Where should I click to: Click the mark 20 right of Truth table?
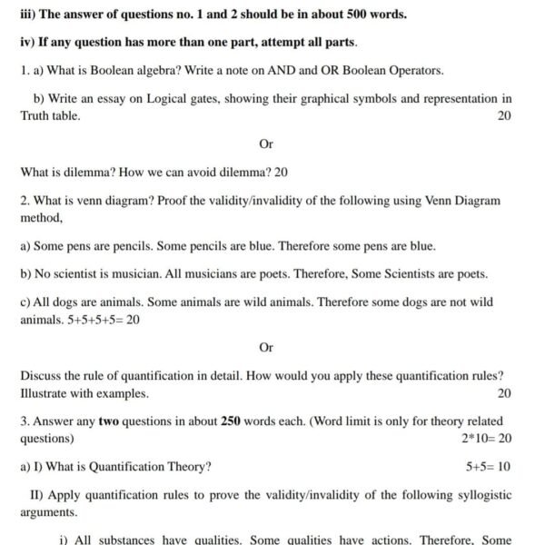(504, 115)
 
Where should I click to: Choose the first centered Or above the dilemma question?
(266, 144)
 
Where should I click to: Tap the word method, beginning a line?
(41, 217)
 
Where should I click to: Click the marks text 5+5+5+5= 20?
(104, 319)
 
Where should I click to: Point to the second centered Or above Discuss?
(266, 347)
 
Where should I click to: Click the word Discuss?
(42, 376)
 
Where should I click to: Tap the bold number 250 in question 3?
(232, 421)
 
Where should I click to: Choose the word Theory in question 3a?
(185, 467)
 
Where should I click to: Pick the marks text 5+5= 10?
(488, 467)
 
